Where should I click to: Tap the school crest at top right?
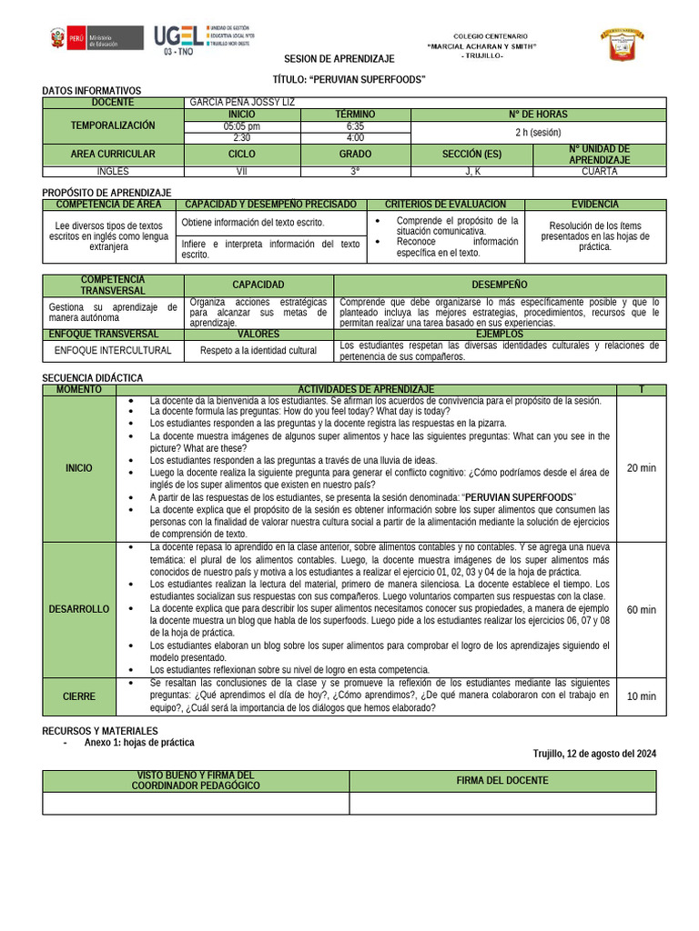click(x=621, y=45)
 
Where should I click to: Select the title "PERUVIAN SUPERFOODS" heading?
click(x=349, y=80)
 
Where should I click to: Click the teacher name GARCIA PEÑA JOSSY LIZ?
click(x=241, y=103)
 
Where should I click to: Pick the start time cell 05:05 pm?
click(x=241, y=126)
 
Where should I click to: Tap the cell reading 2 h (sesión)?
click(x=538, y=132)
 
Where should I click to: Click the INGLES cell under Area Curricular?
click(x=113, y=171)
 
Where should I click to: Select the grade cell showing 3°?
click(x=355, y=171)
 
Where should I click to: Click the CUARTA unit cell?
click(x=599, y=171)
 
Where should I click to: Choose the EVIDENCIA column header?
click(x=594, y=205)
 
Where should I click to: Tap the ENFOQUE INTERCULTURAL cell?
click(x=113, y=350)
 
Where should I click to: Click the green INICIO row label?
click(x=79, y=468)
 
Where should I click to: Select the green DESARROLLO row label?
click(x=79, y=609)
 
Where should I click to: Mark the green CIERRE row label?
click(x=79, y=696)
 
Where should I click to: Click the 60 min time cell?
click(x=641, y=609)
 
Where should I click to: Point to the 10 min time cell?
click(x=641, y=696)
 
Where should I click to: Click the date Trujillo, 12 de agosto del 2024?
click(x=594, y=754)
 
